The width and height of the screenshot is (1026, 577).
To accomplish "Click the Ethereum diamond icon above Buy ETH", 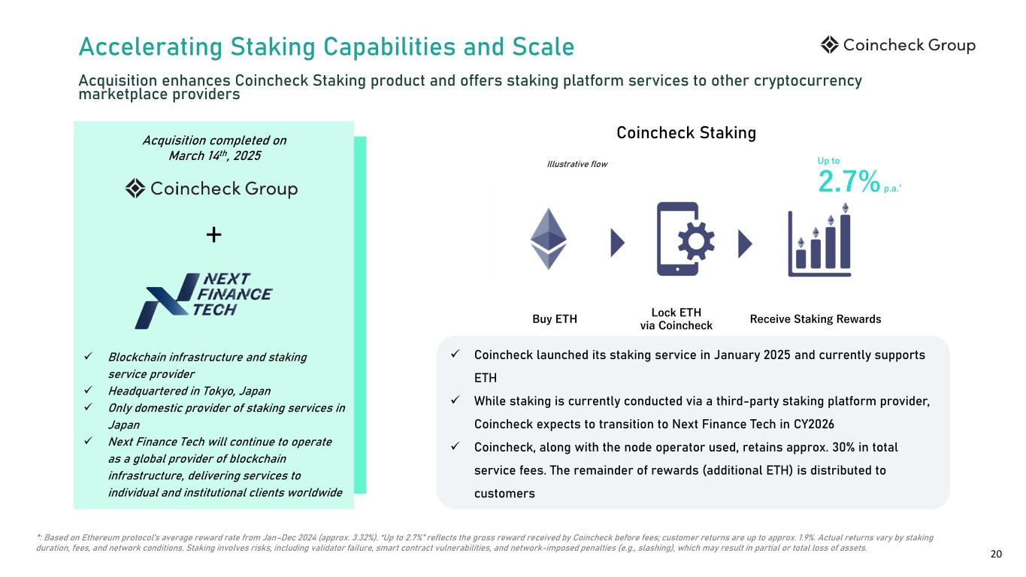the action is tap(548, 239).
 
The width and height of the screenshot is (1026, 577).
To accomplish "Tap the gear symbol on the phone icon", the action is tap(696, 241).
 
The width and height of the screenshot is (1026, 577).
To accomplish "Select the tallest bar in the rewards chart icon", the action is tap(846, 241).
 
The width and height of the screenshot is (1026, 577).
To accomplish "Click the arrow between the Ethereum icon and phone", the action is tap(617, 243).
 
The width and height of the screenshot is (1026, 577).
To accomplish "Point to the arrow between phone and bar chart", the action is tap(745, 243).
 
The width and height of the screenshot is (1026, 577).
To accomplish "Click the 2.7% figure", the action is tap(849, 181).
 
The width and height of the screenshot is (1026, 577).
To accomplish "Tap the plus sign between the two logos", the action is tap(213, 234).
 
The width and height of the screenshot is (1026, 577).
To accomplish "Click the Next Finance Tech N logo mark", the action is tap(167, 301).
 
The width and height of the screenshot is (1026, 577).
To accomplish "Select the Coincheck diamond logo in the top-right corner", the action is tap(830, 45).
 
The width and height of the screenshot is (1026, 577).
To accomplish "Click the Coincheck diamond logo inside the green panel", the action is tap(135, 189).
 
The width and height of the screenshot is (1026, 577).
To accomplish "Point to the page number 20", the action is tap(996, 554).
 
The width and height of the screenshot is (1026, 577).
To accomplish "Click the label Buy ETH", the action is tap(555, 319).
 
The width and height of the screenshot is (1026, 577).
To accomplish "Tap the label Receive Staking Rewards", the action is tap(816, 319).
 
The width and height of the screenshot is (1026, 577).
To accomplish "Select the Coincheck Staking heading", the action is tap(686, 133).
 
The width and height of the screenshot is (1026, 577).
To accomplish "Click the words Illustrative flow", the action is tap(577, 164).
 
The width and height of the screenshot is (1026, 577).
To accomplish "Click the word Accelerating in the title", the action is tap(150, 47).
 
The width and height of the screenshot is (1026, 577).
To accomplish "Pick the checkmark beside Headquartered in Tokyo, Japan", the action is tap(89, 390).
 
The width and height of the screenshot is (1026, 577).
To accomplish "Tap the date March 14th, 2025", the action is tap(215, 156).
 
